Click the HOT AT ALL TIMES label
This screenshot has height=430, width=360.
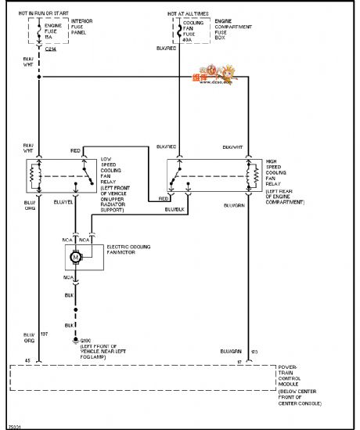[187, 13]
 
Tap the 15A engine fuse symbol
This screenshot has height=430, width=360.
[38, 32]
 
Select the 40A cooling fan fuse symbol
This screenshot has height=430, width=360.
[178, 32]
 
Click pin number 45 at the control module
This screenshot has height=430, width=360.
[28, 360]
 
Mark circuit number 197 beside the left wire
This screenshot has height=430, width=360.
[45, 334]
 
